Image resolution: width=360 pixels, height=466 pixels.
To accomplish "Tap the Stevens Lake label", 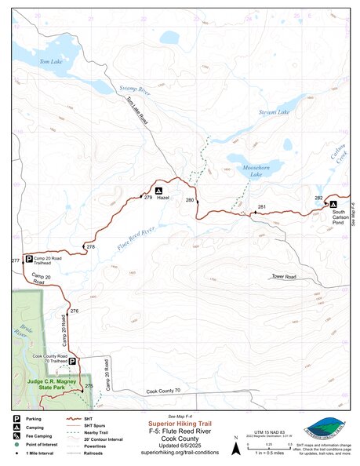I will click(274, 114).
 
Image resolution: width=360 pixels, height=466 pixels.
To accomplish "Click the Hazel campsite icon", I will click(158, 191).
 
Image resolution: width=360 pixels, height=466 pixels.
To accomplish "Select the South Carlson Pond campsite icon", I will click(333, 203).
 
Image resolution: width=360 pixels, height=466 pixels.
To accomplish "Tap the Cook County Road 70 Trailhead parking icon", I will click(72, 362).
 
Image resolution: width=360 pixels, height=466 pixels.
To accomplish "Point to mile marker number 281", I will click(262, 207).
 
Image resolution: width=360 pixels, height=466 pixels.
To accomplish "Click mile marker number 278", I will click(90, 247).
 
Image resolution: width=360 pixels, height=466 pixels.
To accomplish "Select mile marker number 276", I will click(74, 311).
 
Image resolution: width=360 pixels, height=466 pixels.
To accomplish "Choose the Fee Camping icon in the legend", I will click(17, 437).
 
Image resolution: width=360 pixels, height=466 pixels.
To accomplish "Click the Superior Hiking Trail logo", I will click(326, 429).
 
